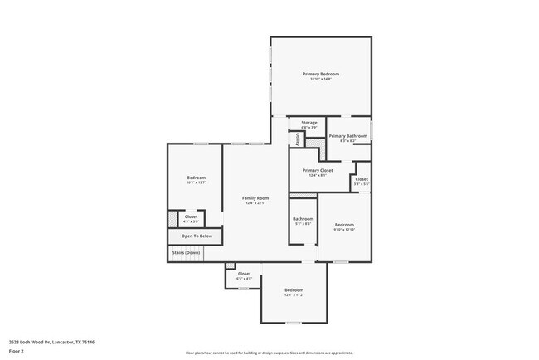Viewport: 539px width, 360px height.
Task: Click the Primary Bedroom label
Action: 320,74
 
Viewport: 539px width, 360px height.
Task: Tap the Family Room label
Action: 255,197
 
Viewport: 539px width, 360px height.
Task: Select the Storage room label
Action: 308,123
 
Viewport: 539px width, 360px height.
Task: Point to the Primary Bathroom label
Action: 347,135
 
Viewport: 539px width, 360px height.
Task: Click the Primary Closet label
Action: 317,170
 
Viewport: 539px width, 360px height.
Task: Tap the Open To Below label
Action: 197,236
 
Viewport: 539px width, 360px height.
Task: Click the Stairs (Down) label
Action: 186,252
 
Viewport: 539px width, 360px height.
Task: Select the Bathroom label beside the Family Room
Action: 303,219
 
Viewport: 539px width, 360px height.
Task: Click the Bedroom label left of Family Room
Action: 196,178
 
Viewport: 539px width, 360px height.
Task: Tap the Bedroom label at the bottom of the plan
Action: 294,289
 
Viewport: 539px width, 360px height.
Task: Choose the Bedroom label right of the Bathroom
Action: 344,224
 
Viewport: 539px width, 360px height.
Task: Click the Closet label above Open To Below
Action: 191,216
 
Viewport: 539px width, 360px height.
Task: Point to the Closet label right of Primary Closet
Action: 362,178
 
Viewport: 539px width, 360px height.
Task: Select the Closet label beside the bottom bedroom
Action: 244,273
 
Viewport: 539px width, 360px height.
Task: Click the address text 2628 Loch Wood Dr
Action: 51,341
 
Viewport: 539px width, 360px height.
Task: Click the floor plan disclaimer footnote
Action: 269,352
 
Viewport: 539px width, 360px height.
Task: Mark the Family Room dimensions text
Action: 255,203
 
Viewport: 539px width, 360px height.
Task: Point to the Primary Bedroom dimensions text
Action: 320,79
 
